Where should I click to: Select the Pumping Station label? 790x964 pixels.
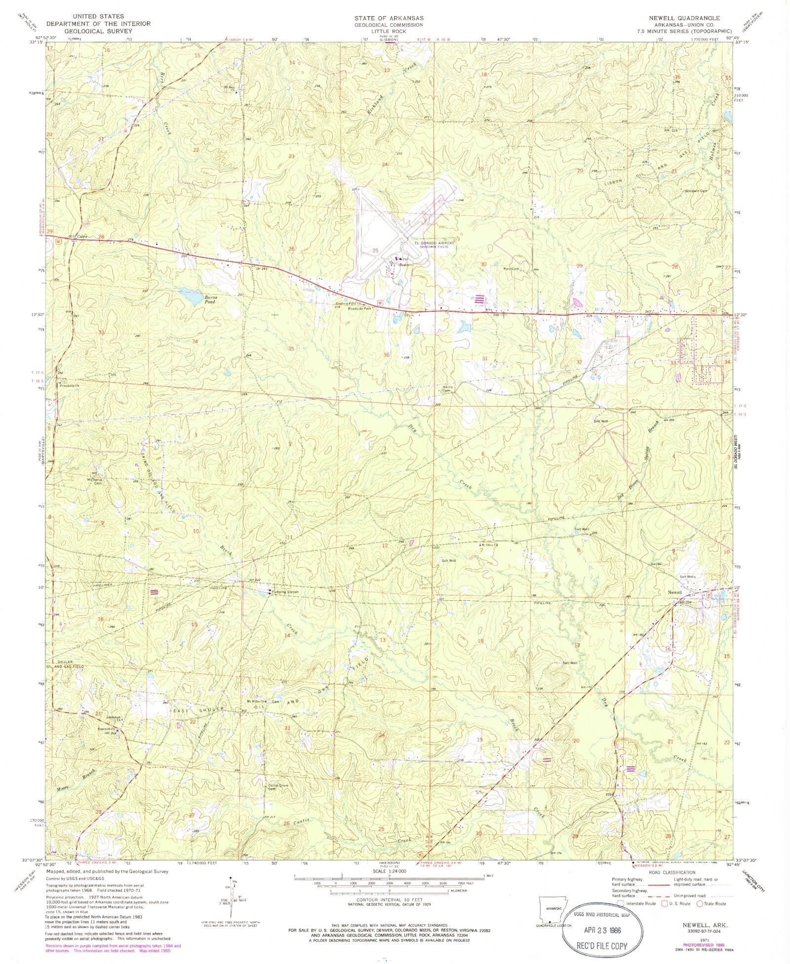[284, 592]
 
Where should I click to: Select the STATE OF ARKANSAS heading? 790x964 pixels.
[389, 17]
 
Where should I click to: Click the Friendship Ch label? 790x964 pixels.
[70, 386]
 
